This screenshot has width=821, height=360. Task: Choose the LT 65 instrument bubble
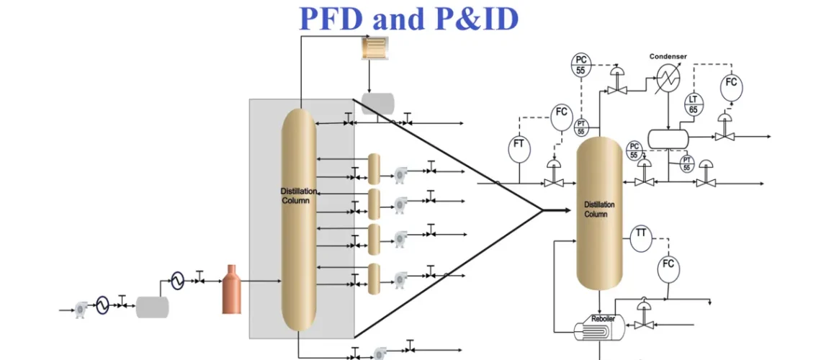[x=693, y=104]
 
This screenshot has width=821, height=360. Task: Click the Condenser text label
[x=668, y=56]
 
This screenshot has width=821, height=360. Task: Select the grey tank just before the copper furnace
[x=152, y=307]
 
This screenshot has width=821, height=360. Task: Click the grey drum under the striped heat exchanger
[x=378, y=103]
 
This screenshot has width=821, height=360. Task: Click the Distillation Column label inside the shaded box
[x=295, y=195]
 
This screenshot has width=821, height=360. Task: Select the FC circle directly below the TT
[x=668, y=266]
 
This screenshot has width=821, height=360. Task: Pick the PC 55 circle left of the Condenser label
[x=580, y=65]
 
